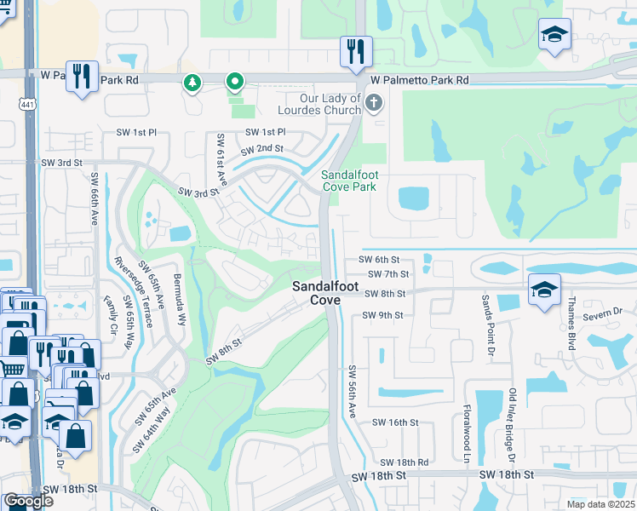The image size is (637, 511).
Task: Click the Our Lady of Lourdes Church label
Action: [x=319, y=103]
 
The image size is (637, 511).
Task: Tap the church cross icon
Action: [x=373, y=104]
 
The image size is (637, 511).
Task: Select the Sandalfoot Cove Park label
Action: [x=360, y=181]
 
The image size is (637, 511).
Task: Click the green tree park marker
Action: [x=192, y=82]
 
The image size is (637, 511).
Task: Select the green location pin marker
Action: [x=234, y=82]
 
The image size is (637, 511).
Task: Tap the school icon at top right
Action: [x=554, y=34]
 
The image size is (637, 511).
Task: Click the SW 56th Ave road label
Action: [x=352, y=392]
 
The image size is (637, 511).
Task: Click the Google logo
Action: [x=29, y=500]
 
